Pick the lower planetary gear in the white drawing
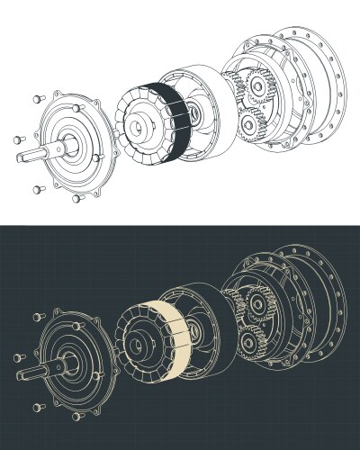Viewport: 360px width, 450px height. click(x=251, y=124)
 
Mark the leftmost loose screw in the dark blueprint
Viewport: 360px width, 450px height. click(x=16, y=357)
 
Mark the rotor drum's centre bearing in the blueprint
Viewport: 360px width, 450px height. click(x=193, y=334)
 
